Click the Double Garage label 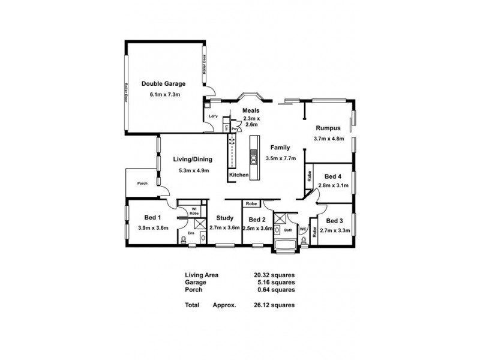[x=163, y=84]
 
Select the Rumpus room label [x=328, y=128]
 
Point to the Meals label [x=250, y=111]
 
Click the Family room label [x=280, y=147]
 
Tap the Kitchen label [x=238, y=175]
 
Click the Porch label [x=142, y=184]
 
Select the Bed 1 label [x=152, y=217]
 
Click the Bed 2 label [x=257, y=219]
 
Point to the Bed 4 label [x=332, y=176]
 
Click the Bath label [x=287, y=230]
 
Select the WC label [x=304, y=229]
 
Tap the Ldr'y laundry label [x=212, y=116]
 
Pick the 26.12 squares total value [x=274, y=305]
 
